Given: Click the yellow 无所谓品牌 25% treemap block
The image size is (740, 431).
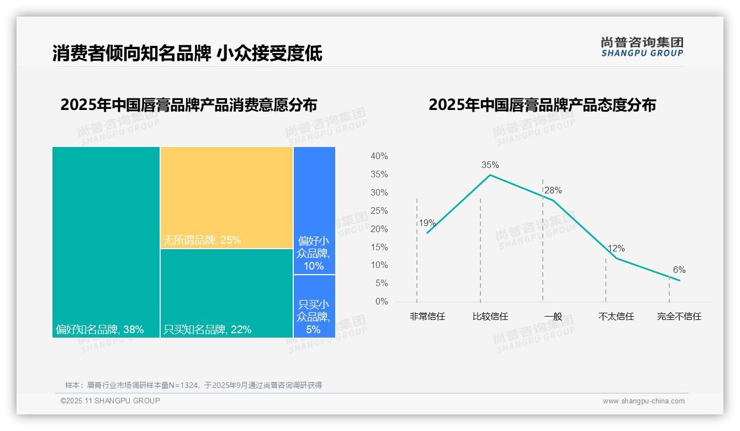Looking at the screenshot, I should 226,197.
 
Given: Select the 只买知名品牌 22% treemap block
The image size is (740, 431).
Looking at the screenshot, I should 226,293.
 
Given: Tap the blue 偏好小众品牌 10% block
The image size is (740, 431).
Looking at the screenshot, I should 314,210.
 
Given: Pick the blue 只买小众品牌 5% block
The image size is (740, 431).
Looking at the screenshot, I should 314,306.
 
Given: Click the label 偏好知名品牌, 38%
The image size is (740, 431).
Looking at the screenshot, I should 99,330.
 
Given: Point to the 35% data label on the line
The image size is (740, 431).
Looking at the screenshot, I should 490,165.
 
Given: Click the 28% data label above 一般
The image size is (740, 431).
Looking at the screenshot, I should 553,191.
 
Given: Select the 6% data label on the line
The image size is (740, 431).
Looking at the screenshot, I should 679,270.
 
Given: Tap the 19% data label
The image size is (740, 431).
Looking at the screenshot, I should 427,223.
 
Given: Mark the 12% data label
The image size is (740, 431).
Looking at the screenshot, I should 616,249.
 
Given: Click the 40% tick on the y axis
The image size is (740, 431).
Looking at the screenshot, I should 379,156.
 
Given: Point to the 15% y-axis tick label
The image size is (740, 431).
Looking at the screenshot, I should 379,247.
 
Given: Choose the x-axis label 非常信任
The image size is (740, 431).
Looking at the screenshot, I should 427,317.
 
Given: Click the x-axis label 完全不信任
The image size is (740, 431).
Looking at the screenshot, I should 679,317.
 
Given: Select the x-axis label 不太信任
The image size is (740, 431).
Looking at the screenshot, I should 616,317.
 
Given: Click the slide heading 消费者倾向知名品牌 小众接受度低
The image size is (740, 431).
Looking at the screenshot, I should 187,53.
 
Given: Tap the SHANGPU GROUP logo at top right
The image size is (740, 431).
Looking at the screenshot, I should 642,47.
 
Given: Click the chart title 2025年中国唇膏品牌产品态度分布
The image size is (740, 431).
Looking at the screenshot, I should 542,104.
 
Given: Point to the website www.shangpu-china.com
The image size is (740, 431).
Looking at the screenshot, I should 643,401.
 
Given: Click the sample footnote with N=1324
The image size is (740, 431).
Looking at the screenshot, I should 193,385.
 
